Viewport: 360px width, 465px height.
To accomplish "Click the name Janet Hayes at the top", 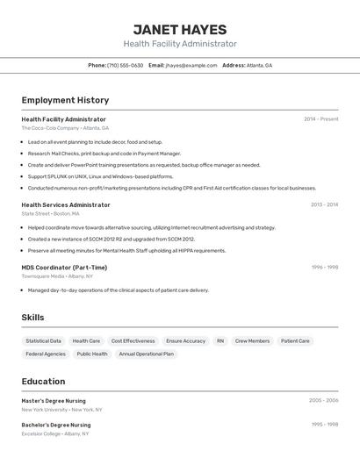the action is tap(179, 30).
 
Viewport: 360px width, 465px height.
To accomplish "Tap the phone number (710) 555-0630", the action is tap(125, 65).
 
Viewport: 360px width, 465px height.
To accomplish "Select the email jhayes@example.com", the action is tap(191, 65).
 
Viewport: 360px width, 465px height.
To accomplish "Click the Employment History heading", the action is tap(65, 100).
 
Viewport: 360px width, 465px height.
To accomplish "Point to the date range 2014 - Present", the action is tap(320, 119).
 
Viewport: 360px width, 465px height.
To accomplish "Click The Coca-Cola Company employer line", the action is tap(65, 128).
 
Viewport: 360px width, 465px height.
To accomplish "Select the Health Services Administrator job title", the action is tap(66, 204).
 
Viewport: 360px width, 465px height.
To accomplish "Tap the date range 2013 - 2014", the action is tap(324, 204).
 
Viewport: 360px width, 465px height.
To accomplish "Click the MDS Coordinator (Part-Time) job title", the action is tap(64, 268).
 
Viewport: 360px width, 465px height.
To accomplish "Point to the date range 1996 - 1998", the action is tap(324, 268).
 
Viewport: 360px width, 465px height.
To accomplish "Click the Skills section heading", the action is tap(32, 318).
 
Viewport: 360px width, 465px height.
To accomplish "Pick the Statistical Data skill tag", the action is tap(43, 340).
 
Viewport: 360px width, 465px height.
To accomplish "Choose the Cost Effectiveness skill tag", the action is tap(133, 340).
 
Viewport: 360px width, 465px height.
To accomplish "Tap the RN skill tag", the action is tap(220, 340).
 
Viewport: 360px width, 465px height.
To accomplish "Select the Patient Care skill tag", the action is tap(295, 340).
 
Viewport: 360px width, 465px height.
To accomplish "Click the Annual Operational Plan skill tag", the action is tap(146, 354).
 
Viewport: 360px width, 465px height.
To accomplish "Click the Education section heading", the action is tap(43, 382).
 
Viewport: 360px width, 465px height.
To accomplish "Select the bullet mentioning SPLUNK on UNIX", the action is tap(100, 176).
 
